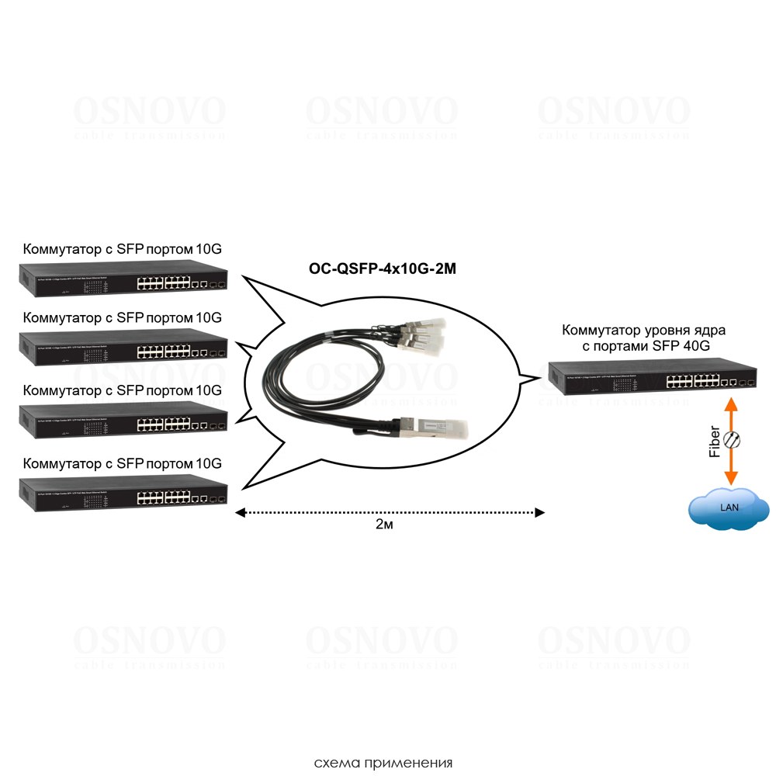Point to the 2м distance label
pos(385,525)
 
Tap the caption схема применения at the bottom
pos(383,762)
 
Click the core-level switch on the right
pos(652,377)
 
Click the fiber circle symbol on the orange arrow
pos(731,440)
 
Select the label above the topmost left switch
pos(123,249)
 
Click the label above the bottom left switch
pos(123,463)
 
